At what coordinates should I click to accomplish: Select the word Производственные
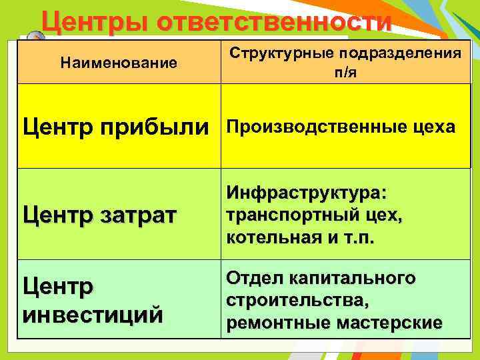[311, 127]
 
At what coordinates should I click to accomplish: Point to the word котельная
[270, 239]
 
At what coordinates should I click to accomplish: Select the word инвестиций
[93, 313]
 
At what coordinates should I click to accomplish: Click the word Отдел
[255, 278]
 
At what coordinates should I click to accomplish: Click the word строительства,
[297, 301]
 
